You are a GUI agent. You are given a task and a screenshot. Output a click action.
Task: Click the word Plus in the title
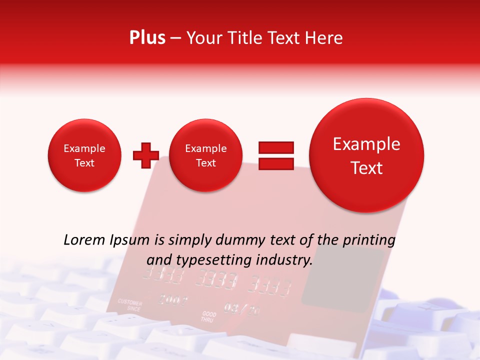coord(147,38)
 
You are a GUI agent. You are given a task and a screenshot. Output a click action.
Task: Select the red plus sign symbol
coord(145,155)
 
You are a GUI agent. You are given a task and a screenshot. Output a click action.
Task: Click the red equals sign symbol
coord(276,155)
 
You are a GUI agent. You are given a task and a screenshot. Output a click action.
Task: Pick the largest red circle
coord(366,155)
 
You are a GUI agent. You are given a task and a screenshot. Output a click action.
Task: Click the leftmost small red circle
coord(84,155)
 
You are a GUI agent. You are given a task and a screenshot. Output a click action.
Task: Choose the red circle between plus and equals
coord(206,155)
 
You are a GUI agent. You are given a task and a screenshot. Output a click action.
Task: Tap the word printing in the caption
coord(369,240)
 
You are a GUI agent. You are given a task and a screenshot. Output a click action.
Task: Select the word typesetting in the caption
coord(214,260)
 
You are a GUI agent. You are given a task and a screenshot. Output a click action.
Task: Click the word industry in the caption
coord(284,260)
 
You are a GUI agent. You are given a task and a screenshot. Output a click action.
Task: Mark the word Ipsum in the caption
coord(129,240)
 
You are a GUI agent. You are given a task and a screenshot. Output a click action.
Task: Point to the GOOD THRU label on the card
coord(208,316)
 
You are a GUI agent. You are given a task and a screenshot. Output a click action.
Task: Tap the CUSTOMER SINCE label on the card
coord(129,305)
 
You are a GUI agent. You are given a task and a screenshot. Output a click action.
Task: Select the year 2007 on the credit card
coord(173,300)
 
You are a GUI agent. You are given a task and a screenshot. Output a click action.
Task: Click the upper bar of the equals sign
coord(276,147)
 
